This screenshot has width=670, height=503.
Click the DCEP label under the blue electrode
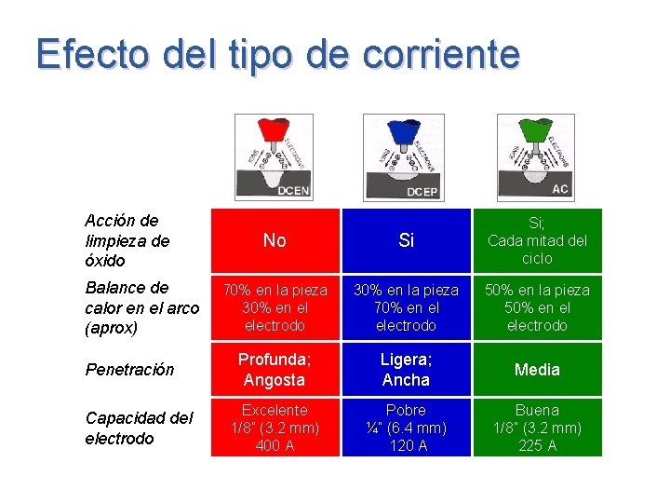[x=422, y=192]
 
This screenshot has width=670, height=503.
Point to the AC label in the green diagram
[x=560, y=188]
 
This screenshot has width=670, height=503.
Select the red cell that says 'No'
[x=275, y=240]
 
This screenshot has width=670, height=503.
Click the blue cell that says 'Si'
[x=406, y=240]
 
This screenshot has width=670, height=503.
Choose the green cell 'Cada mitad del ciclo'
[x=537, y=240]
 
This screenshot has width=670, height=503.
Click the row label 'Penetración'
[x=129, y=370]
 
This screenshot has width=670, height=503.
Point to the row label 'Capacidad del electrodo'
[x=139, y=428]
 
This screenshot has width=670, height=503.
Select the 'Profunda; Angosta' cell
[x=275, y=370]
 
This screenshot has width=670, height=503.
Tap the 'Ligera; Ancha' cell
[x=406, y=370]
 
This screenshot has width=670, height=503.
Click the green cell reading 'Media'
[x=537, y=370]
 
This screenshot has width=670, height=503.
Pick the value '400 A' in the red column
[x=275, y=446]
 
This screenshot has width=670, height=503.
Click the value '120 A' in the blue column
[x=406, y=446]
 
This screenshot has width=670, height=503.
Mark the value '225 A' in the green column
[x=537, y=446]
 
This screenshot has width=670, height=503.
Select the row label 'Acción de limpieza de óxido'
[x=127, y=240]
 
